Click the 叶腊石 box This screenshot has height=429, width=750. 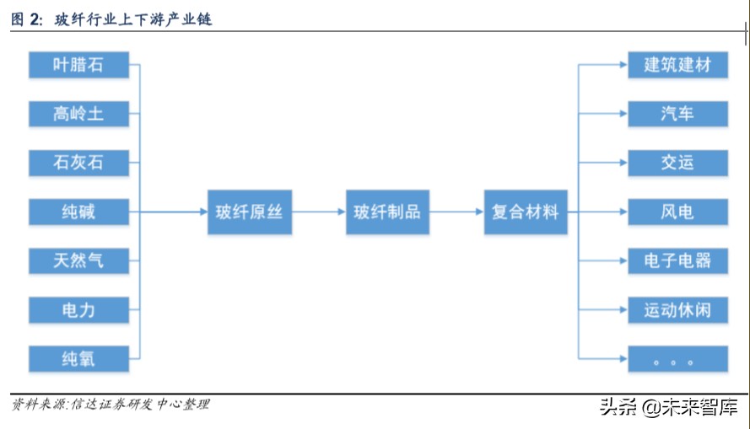click(x=78, y=64)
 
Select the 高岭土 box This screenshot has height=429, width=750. click(x=78, y=113)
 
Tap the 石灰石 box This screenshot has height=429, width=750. click(x=78, y=162)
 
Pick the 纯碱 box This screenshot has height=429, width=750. click(x=78, y=212)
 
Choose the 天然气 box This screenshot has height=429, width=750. click(x=78, y=260)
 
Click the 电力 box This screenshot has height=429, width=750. click(x=78, y=310)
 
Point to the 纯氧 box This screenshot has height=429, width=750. click(x=78, y=359)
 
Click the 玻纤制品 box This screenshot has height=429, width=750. click(x=387, y=212)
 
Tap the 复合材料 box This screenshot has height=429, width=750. click(x=525, y=212)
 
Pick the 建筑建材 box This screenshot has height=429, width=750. click(x=677, y=64)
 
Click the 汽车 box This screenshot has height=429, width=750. click(x=677, y=113)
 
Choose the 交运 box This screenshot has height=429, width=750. click(x=677, y=162)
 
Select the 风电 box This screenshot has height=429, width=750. click(x=677, y=212)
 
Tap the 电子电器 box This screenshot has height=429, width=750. click(x=677, y=260)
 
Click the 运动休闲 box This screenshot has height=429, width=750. click(x=677, y=310)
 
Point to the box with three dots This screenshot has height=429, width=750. click(x=677, y=359)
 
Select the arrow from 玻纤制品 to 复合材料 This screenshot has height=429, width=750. click(x=456, y=212)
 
